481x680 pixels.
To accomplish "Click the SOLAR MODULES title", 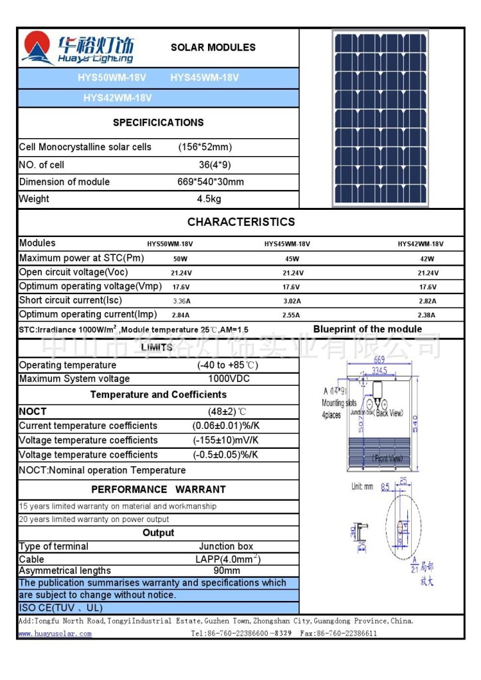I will point(213,48).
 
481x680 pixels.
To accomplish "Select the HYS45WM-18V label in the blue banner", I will point(204,78).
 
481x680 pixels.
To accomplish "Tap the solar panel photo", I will point(381,118).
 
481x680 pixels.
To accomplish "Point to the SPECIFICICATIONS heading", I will point(158,123).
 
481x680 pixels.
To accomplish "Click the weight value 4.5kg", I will point(209,199).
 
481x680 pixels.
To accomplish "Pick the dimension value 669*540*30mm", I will point(210,182).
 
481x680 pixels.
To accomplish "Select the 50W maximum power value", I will point(179,259).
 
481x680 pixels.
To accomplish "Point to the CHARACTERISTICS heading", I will point(241,222).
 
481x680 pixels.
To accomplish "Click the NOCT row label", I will point(33,412).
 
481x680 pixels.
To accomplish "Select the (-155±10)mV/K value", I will point(225,440).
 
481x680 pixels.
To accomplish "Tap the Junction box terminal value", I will point(226,547).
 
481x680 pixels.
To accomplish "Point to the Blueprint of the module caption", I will point(367,329).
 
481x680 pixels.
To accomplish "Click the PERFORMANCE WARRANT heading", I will point(158,489).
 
